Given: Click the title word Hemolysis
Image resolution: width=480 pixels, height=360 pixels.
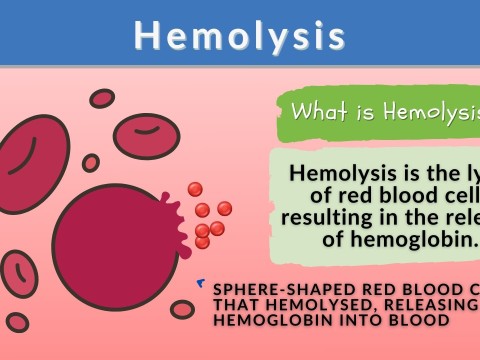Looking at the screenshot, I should (240, 36).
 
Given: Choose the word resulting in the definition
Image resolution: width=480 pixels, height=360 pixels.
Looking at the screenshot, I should (329, 217).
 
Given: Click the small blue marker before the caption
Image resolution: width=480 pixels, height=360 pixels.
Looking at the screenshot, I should (202, 285).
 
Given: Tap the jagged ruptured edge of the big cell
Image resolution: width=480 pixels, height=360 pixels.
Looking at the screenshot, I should (176, 216).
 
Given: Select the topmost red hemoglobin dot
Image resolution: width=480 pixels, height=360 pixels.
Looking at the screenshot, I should (194, 188).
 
